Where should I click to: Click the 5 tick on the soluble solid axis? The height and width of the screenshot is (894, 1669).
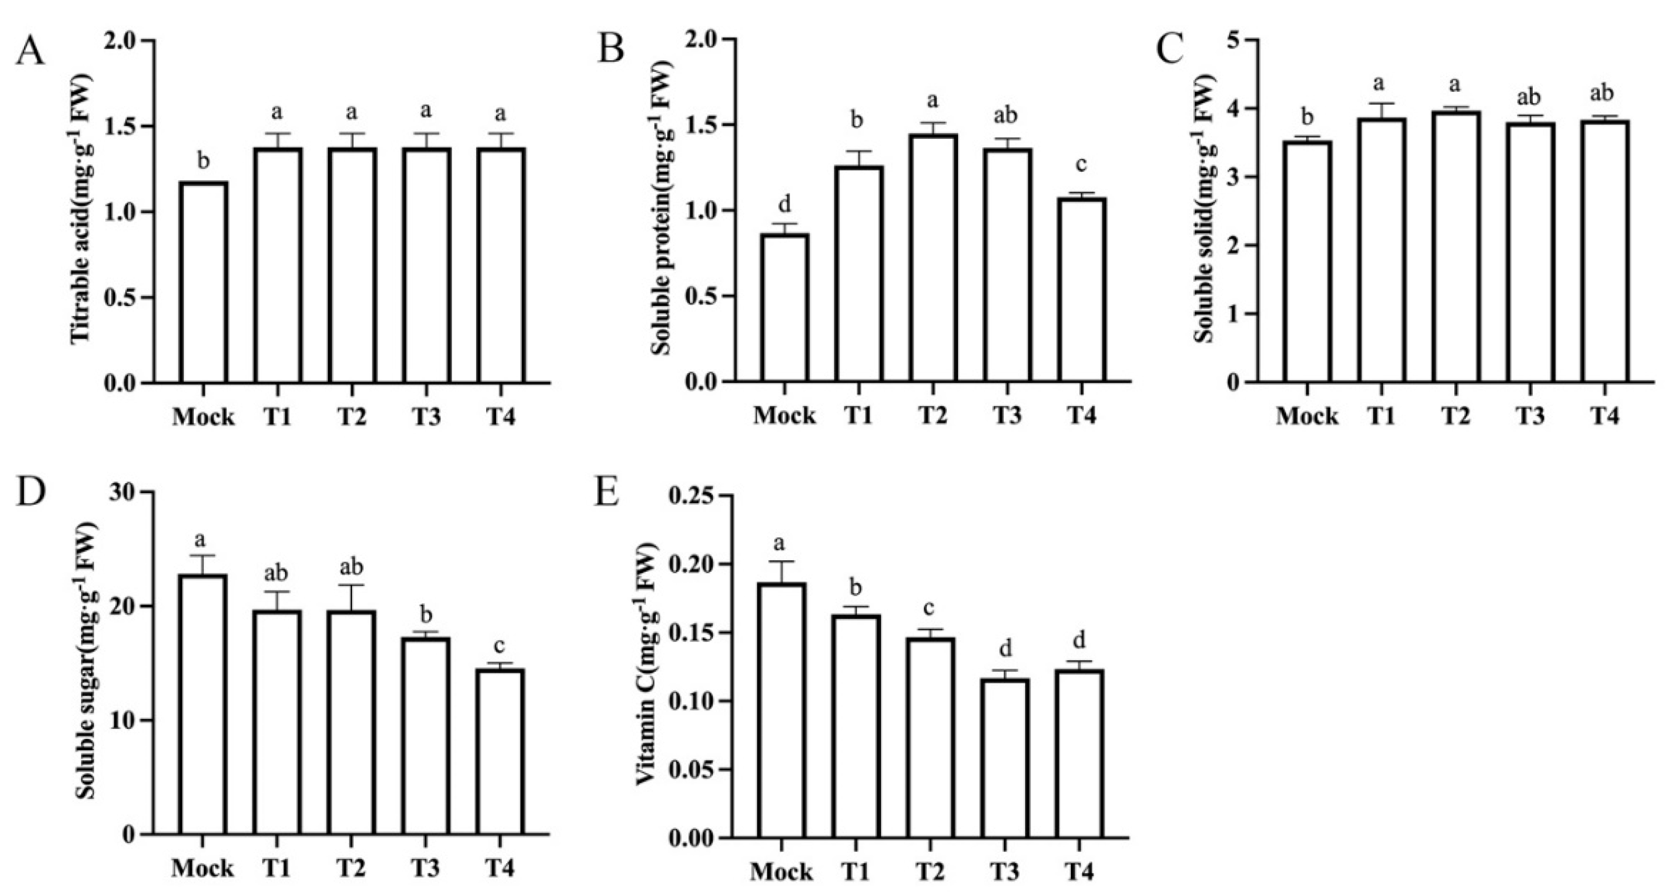(1234, 40)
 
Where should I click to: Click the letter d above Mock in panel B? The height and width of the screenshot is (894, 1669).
(784, 205)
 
